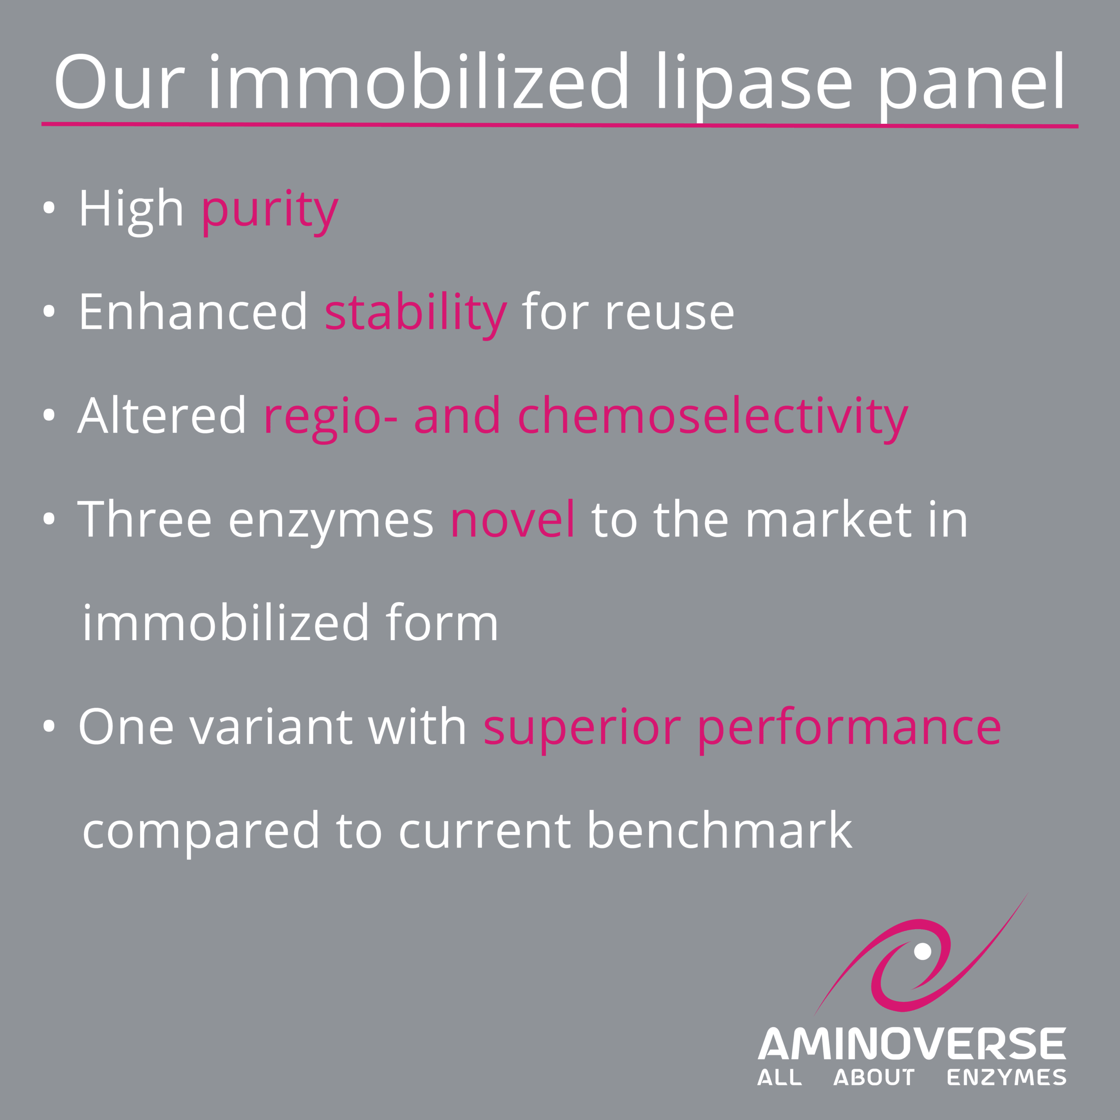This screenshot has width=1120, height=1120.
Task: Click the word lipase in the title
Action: click(x=754, y=84)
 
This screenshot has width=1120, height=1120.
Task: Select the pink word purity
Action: click(x=269, y=212)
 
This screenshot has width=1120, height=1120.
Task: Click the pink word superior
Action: click(x=582, y=729)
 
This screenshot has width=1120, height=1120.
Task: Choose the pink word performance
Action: click(x=849, y=729)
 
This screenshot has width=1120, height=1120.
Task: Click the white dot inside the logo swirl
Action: click(x=922, y=951)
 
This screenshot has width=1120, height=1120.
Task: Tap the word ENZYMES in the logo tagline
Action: click(x=1006, y=1078)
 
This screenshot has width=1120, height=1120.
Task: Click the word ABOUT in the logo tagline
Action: click(x=874, y=1078)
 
